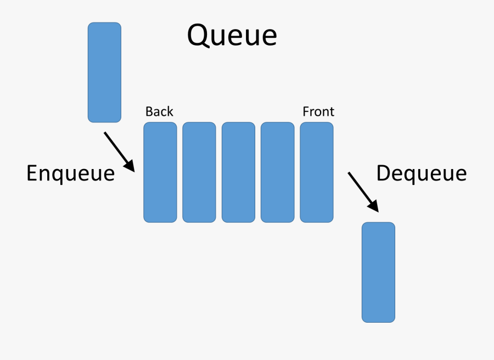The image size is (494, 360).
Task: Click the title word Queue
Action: click(232, 36)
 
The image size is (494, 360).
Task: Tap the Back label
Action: click(159, 112)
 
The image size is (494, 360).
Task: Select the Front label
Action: click(318, 112)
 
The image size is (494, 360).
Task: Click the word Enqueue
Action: click(70, 173)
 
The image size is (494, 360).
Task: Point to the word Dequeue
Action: click(421, 173)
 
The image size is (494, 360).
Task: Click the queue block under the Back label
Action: click(160, 172)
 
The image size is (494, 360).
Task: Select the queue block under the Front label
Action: click(317, 172)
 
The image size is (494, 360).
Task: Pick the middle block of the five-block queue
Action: click(238, 172)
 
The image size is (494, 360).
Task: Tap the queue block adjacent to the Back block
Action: click(199, 172)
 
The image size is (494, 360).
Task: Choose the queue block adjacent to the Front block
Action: click(277, 172)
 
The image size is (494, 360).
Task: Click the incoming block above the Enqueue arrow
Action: click(104, 72)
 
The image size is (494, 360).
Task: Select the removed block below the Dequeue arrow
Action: click(378, 272)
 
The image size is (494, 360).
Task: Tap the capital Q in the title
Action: click(198, 36)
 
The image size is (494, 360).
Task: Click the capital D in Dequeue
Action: click(384, 173)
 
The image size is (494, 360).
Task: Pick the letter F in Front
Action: click(306, 112)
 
